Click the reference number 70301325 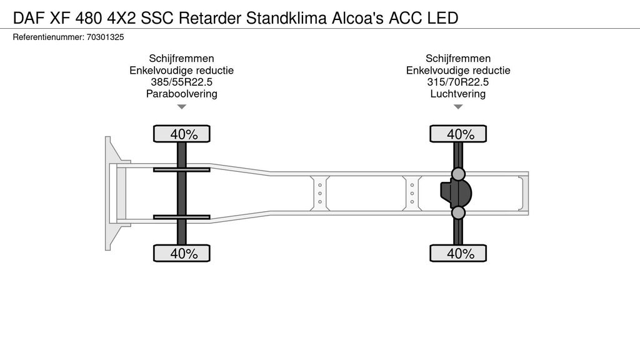click(x=106, y=37)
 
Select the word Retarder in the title click(x=210, y=17)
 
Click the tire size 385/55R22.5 click(x=181, y=82)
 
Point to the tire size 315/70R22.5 click(x=458, y=82)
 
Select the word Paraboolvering click(x=181, y=94)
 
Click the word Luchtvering click(x=458, y=94)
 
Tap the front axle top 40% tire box click(x=182, y=134)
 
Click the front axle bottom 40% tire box click(x=182, y=253)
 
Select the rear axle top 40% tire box click(x=458, y=134)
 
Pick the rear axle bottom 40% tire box click(x=458, y=253)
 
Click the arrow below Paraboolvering click(x=181, y=107)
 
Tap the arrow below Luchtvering click(x=458, y=107)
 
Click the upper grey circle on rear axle click(x=458, y=173)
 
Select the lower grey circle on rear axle click(x=458, y=213)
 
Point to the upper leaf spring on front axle click(x=182, y=169)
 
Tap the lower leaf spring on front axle click(x=182, y=217)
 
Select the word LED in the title click(x=442, y=17)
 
